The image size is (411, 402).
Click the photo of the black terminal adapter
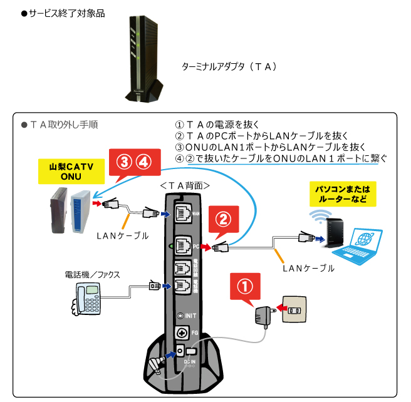[x=145, y=59]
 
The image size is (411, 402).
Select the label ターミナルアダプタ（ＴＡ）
[x=229, y=66]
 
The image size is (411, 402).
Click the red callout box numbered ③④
[x=133, y=162]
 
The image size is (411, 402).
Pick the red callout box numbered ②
[x=224, y=219]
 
